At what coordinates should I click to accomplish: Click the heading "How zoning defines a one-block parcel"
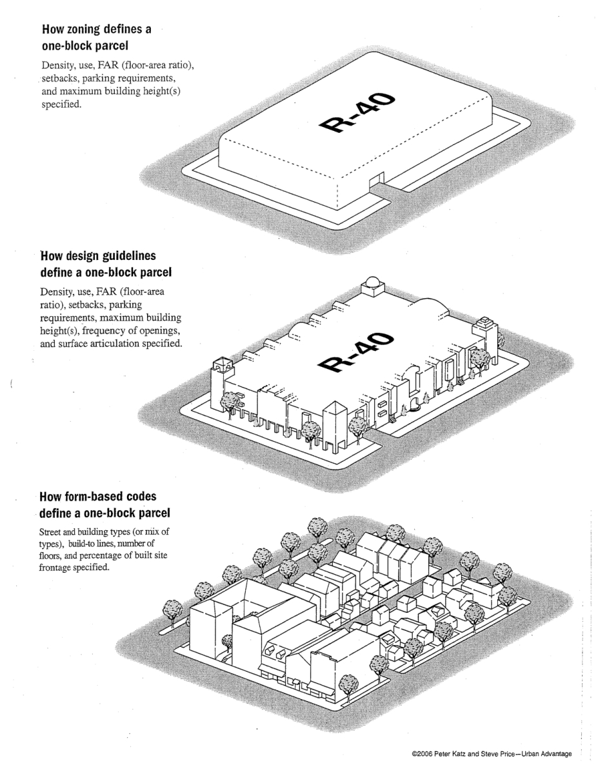tap(97, 37)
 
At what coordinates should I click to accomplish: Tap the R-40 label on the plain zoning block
tap(357, 113)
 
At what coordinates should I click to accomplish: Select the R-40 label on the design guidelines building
tap(355, 353)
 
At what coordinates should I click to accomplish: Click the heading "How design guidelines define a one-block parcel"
tap(106, 264)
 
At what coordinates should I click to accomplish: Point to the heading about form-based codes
tap(105, 505)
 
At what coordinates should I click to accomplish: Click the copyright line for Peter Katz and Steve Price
tap(492, 754)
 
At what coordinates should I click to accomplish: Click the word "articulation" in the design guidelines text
tap(117, 344)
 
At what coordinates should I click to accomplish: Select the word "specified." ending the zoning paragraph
tap(62, 104)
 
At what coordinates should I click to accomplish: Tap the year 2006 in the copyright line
tap(423, 754)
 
